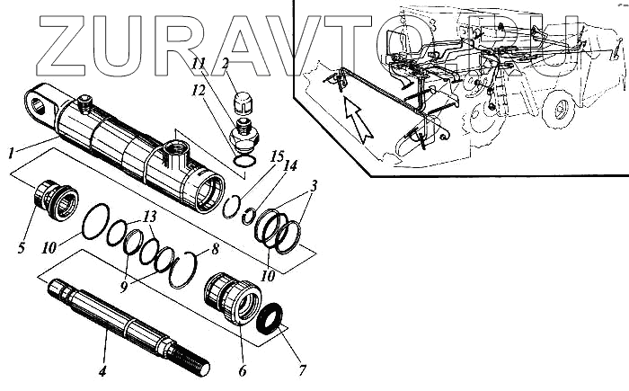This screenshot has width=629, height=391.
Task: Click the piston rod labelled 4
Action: click(x=126, y=315)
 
